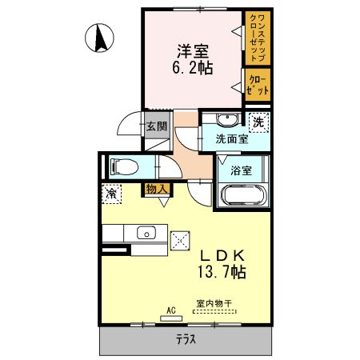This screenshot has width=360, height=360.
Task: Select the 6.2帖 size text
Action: [194, 68]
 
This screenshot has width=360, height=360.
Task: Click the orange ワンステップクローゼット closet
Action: [257, 37]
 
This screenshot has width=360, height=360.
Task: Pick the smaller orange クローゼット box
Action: [258, 85]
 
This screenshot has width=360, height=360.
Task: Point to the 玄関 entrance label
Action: [156, 126]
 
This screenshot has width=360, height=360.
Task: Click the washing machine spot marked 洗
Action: [258, 122]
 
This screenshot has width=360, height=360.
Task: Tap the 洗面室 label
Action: [231, 138]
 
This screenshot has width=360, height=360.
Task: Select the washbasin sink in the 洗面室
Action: [226, 121]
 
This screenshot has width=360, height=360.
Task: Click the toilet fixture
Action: [125, 166]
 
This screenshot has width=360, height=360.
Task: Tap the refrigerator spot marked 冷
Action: [111, 193]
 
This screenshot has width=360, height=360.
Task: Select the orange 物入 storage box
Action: [156, 189]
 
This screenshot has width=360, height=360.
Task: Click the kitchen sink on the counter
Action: [146, 233]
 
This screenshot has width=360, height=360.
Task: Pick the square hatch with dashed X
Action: [181, 238]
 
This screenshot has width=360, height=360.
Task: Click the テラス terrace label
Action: [186, 339]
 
